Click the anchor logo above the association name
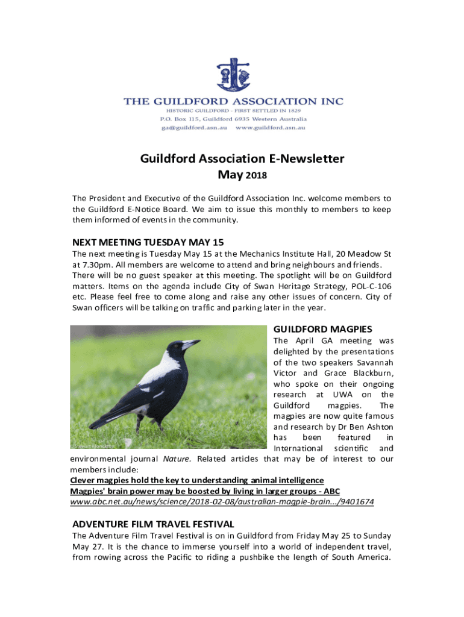[233, 75]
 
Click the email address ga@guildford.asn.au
[193, 128]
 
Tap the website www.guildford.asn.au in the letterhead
[271, 128]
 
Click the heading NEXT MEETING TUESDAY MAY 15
[148, 243]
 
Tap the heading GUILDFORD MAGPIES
[322, 330]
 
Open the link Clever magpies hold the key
[197, 480]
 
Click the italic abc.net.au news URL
[222, 501]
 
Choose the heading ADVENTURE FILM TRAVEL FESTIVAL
[153, 524]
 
